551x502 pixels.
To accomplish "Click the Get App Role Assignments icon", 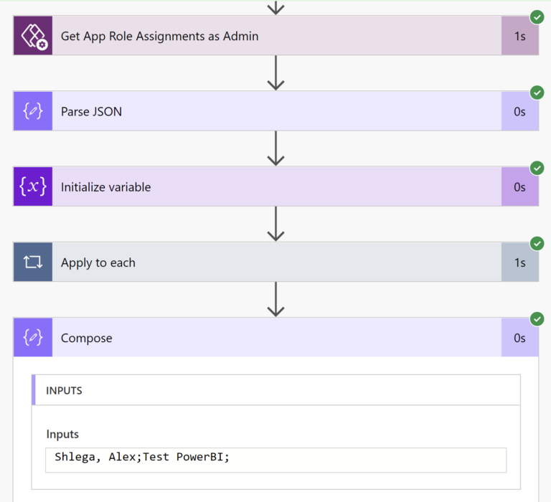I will click(x=33, y=36).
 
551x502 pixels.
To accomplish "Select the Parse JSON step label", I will click(x=91, y=111).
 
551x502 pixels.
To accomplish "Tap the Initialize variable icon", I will click(x=33, y=186).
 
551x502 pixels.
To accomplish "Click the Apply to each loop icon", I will click(x=33, y=262).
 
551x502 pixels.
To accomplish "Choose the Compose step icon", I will click(x=33, y=338).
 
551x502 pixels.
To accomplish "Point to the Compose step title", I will click(x=86, y=338).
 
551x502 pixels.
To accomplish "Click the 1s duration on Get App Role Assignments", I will click(x=519, y=36).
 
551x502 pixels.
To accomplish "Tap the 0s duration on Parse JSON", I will click(x=519, y=111).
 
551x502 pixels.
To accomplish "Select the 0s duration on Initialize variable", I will click(x=519, y=186).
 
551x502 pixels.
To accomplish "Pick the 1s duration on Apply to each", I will click(x=519, y=262).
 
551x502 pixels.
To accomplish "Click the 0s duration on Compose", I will click(x=519, y=338).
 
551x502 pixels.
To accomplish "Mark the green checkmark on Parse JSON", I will click(x=537, y=92).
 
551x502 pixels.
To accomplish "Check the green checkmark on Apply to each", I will click(x=537, y=243).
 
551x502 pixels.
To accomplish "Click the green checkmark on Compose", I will click(x=537, y=318).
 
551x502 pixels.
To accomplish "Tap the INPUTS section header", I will click(x=64, y=391).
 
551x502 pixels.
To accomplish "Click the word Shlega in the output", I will click(x=75, y=457).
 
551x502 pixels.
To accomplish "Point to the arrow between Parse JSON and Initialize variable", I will click(x=275, y=148).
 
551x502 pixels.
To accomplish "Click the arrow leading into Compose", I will click(x=275, y=299).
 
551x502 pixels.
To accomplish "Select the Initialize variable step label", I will click(x=105, y=187).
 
